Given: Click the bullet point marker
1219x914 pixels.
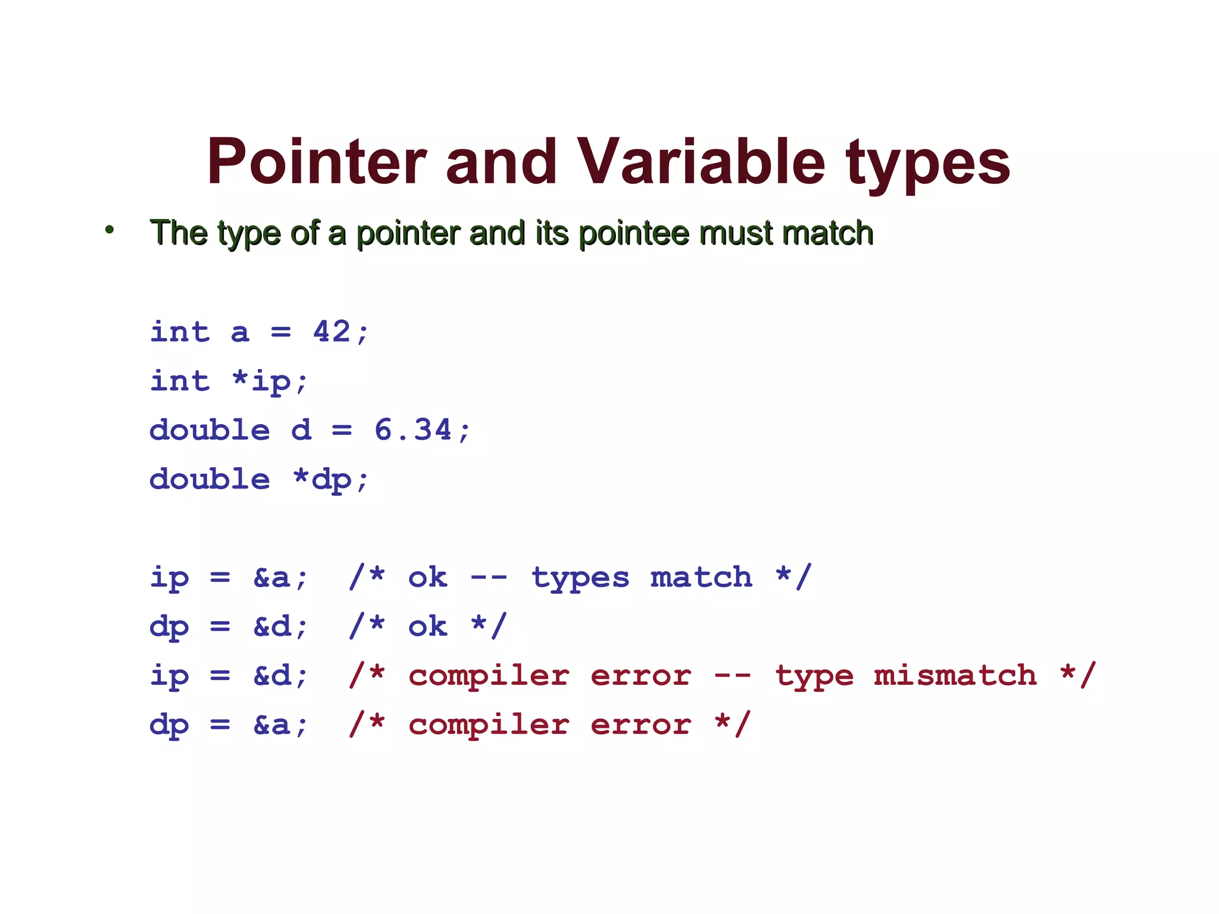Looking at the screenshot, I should click(109, 230).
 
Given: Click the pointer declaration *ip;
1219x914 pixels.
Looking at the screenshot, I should click(270, 381).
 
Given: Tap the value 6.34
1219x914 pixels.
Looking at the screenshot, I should click(413, 430).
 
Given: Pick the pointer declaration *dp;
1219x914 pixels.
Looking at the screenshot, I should click(331, 480).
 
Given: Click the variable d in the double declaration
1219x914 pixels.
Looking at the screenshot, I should click(302, 430).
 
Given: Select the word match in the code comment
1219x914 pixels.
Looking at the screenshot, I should click(701, 577).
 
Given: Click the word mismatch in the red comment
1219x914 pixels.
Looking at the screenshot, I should click(955, 675).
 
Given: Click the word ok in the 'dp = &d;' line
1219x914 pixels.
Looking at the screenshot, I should click(427, 626).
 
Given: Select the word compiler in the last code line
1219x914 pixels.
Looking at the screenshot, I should click(489, 725).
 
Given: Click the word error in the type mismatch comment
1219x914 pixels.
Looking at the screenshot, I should click(640, 675).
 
